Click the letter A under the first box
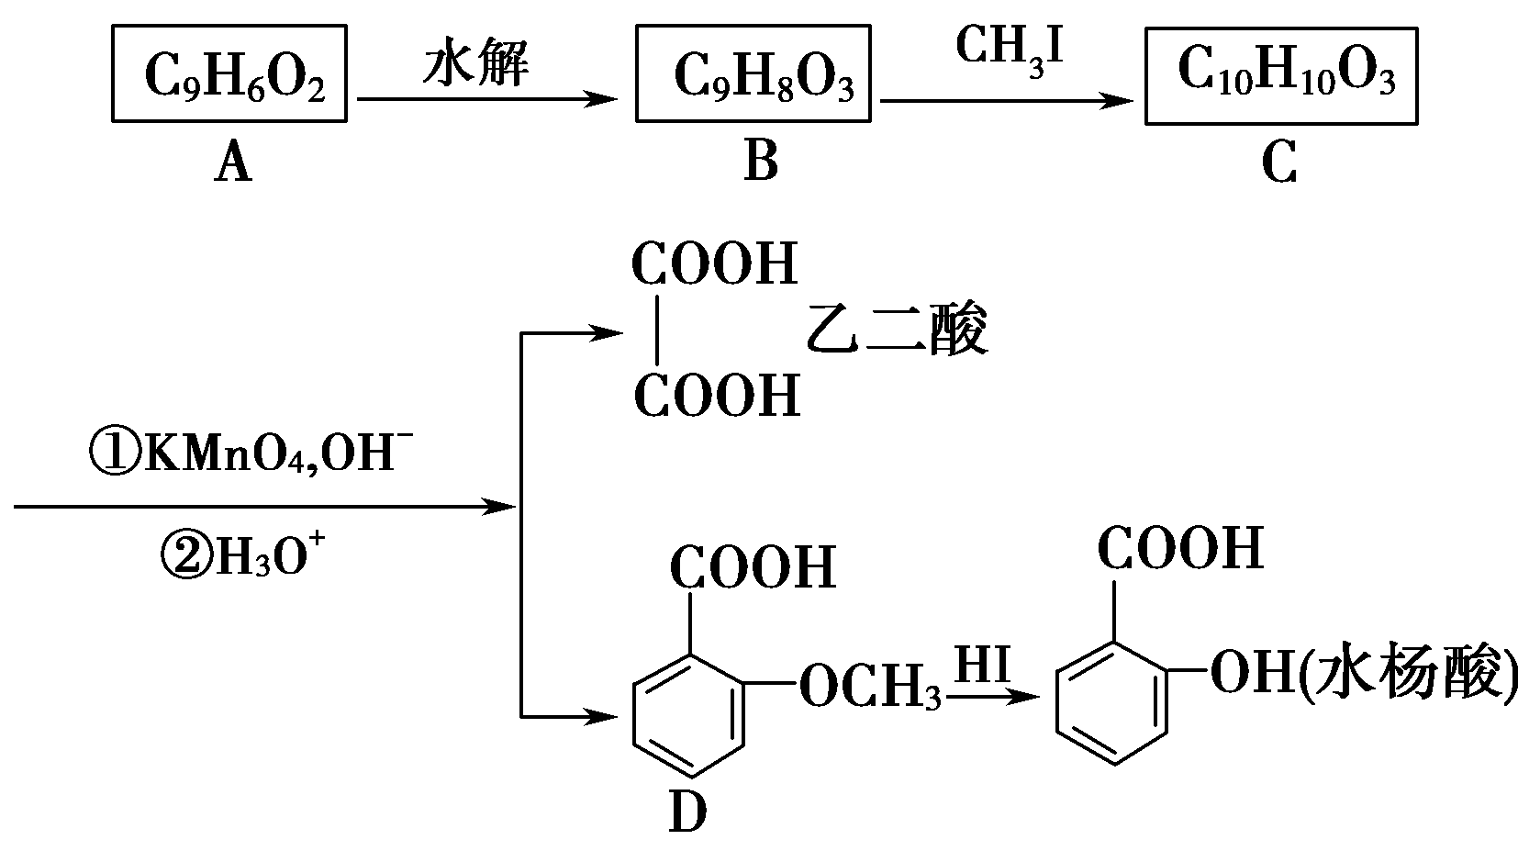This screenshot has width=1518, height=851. pyautogui.click(x=233, y=165)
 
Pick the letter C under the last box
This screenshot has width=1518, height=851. pyautogui.click(x=1278, y=165)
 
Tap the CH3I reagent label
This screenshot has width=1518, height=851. pyautogui.click(x=1009, y=48)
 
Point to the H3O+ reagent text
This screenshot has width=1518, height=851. pyautogui.click(x=243, y=554)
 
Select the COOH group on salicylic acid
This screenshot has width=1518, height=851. pyautogui.click(x=1180, y=549)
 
